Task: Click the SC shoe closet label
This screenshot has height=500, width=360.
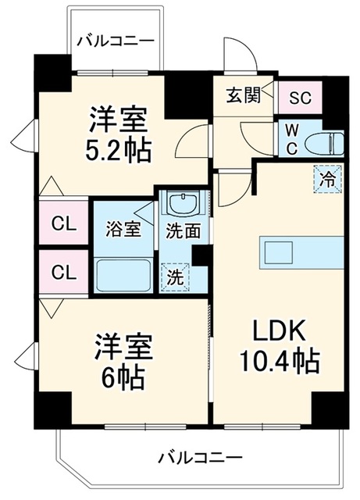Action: tap(300, 98)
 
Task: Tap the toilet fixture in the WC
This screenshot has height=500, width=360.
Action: tap(324, 144)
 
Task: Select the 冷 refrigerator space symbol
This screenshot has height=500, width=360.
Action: tap(327, 180)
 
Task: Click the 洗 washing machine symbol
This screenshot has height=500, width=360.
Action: tap(176, 277)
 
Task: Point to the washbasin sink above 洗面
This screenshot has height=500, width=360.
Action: tap(184, 204)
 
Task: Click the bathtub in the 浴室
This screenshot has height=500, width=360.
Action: tap(123, 275)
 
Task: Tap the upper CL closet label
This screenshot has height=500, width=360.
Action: tap(64, 224)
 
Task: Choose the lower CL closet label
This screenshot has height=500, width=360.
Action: tap(64, 273)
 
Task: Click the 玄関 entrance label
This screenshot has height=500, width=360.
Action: tap(244, 95)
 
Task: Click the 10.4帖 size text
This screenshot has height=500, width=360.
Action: tap(280, 362)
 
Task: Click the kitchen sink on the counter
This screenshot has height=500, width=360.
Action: tap(278, 252)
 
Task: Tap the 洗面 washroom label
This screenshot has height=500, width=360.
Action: tap(184, 231)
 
